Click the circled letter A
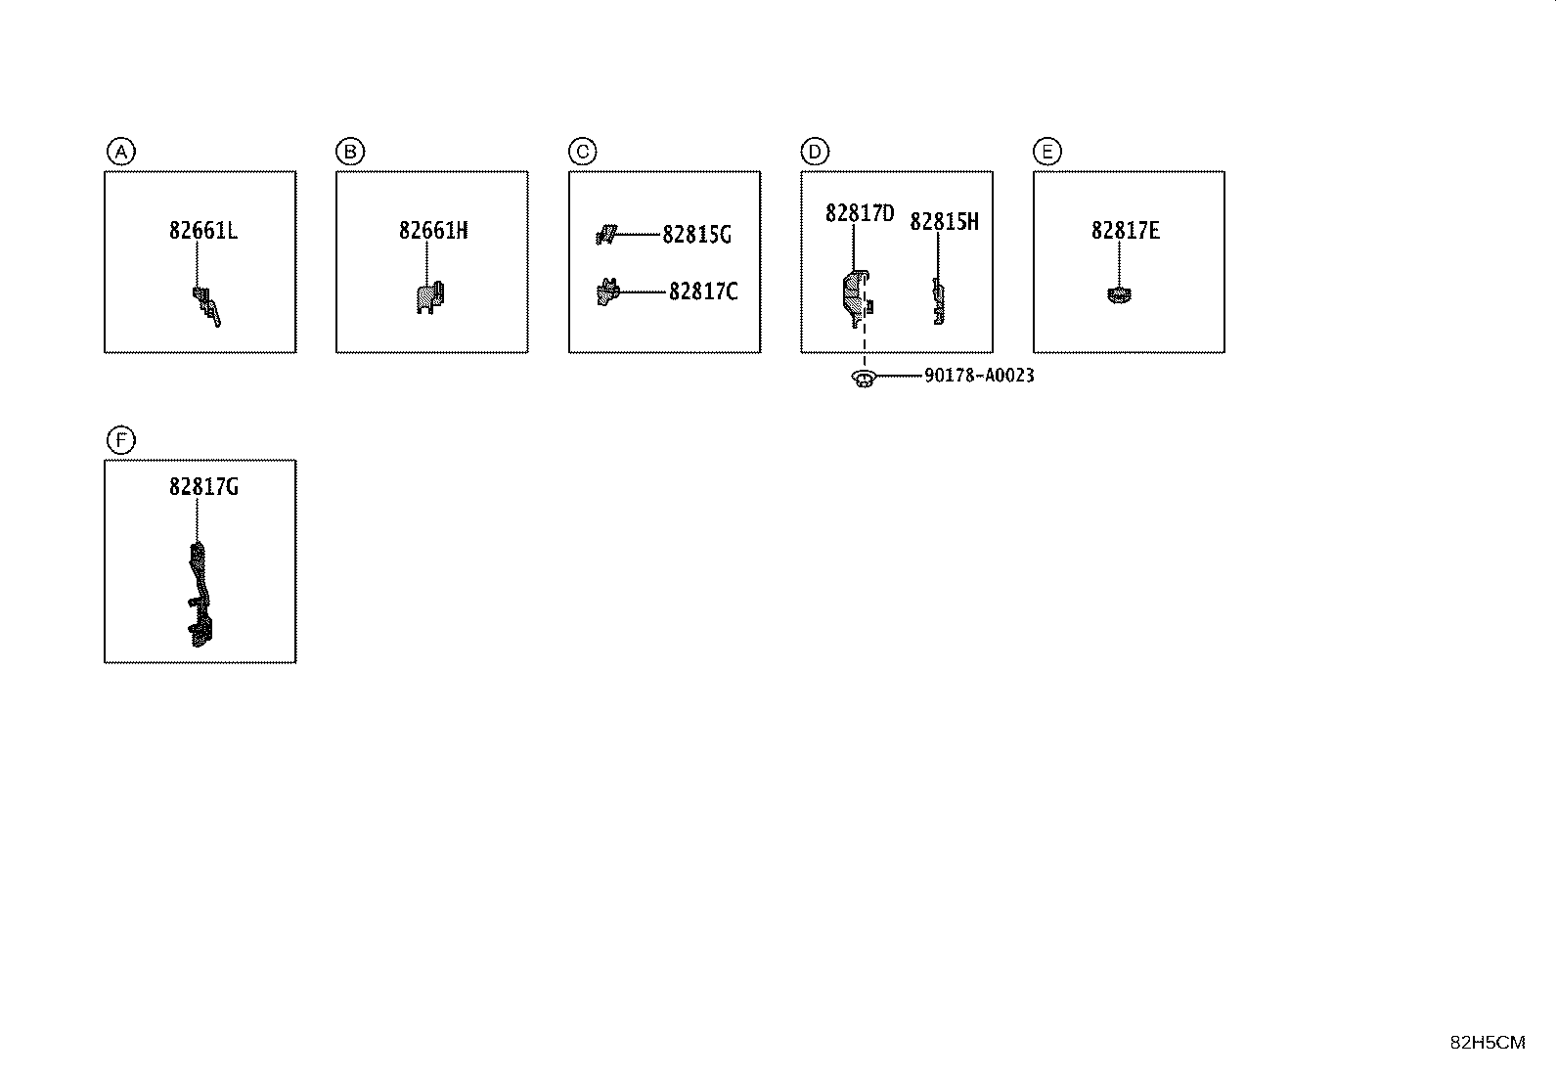(121, 152)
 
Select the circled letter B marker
(350, 152)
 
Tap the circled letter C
(583, 152)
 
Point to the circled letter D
(815, 152)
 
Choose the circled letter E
(1047, 152)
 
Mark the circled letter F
(121, 440)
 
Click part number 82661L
(203, 230)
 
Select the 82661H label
(433, 230)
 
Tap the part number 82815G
(696, 235)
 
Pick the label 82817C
(703, 291)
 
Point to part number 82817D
(860, 213)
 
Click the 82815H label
(944, 221)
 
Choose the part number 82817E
(1126, 230)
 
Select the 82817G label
(203, 487)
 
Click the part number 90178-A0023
(979, 376)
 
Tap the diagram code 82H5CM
(1488, 1043)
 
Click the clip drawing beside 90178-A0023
(864, 379)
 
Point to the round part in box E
(1119, 295)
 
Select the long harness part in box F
(200, 595)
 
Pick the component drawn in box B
(430, 297)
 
